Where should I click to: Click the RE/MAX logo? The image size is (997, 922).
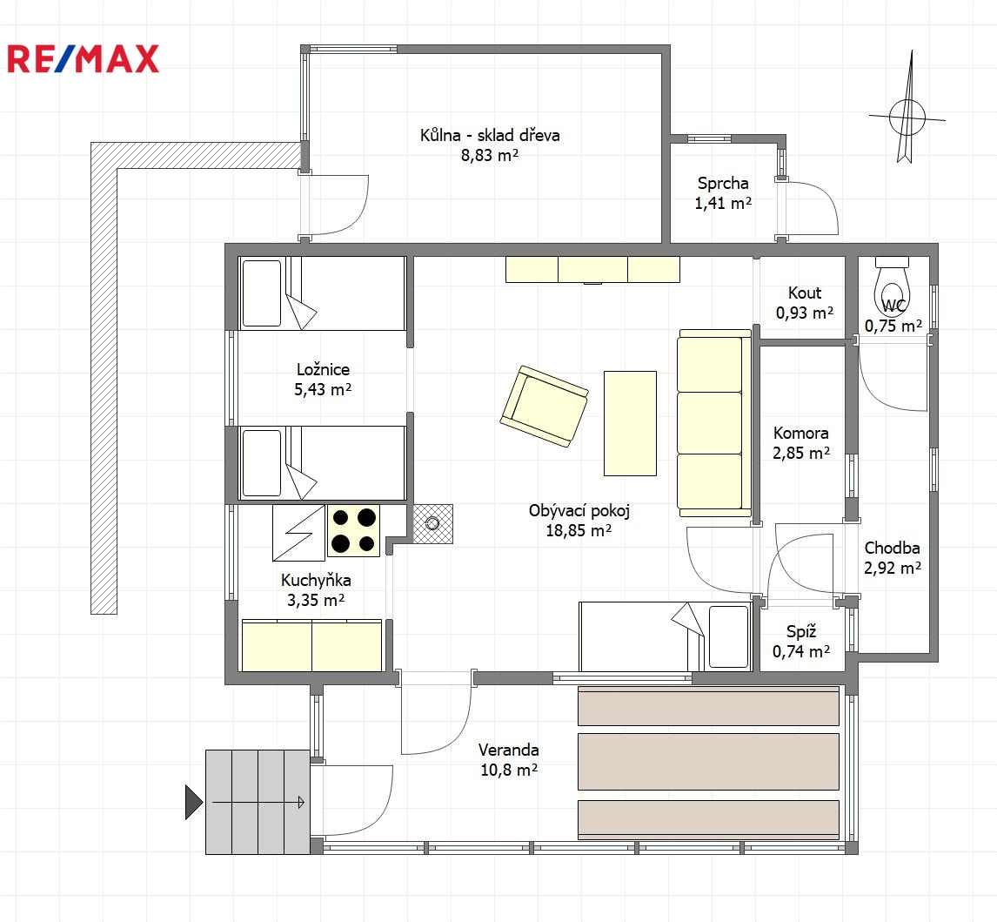[x=83, y=58]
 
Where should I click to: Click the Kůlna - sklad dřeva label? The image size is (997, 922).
[x=490, y=135]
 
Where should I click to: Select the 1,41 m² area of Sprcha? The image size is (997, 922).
[x=723, y=203]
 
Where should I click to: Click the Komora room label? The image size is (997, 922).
[x=800, y=434]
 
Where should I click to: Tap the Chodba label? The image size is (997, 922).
[x=892, y=548]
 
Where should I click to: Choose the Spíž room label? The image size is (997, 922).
[x=801, y=631]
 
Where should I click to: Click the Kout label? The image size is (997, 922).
[x=805, y=293]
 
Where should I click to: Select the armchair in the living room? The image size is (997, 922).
[x=545, y=406]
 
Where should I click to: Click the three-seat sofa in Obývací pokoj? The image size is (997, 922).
[x=714, y=422]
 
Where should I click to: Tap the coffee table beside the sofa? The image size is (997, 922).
[x=630, y=423]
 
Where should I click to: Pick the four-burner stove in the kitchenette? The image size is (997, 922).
[x=353, y=531]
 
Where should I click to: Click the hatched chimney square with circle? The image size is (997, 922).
[x=433, y=523]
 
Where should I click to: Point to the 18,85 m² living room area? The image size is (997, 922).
[x=579, y=530]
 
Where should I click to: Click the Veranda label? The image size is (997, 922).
[x=509, y=750]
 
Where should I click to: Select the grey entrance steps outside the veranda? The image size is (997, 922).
[x=258, y=802]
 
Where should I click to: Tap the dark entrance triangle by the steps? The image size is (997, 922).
[x=194, y=803]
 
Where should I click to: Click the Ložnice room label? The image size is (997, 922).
[x=323, y=370]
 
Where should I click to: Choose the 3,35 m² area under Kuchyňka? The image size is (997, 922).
[x=316, y=600]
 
